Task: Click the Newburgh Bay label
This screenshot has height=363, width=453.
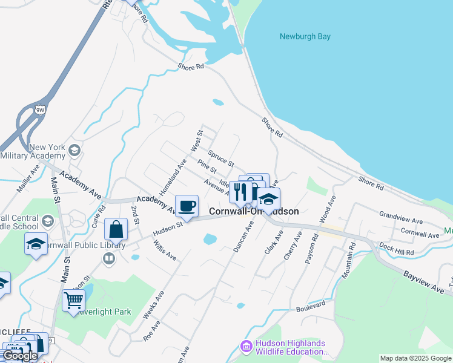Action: coord(305,36)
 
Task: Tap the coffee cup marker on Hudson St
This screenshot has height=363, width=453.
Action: coord(187,206)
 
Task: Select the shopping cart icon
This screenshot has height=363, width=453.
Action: coord(73,299)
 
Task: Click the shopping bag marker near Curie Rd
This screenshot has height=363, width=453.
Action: coord(116,230)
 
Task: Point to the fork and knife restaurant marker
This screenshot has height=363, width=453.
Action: coord(241,192)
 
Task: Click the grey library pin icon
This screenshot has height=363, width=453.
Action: coord(109,259)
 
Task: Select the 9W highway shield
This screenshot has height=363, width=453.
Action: coord(40,110)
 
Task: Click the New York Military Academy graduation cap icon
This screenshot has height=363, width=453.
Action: coord(74,150)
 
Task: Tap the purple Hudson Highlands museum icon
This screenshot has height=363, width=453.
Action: coord(246,347)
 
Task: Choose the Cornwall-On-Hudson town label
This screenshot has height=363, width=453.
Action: coord(254,211)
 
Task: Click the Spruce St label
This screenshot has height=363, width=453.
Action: coord(221,159)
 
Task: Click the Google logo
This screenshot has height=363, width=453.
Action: coord(20,356)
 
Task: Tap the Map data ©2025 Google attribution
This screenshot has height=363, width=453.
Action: coord(416,358)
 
